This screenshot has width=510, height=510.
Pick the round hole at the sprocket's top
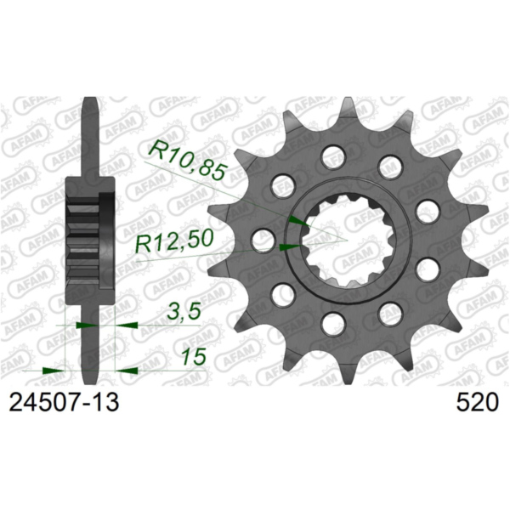point(336,155)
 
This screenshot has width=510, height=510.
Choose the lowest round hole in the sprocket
point(336,324)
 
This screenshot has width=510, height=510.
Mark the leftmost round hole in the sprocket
point(265,240)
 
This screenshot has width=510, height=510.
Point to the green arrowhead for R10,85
point(295,221)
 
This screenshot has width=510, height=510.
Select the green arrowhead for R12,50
point(287,247)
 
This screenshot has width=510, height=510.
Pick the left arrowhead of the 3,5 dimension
point(85,324)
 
